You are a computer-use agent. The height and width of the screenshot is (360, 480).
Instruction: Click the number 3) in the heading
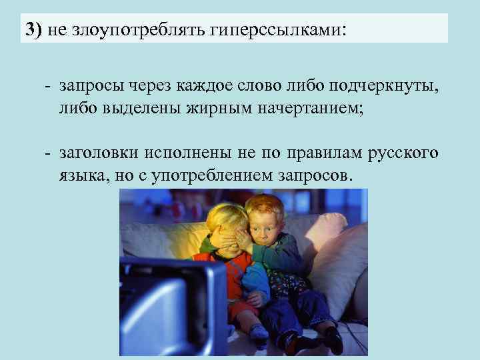click(33, 30)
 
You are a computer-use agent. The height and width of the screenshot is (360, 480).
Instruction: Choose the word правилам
click(320, 153)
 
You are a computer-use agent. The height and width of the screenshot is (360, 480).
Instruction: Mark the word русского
click(403, 153)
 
